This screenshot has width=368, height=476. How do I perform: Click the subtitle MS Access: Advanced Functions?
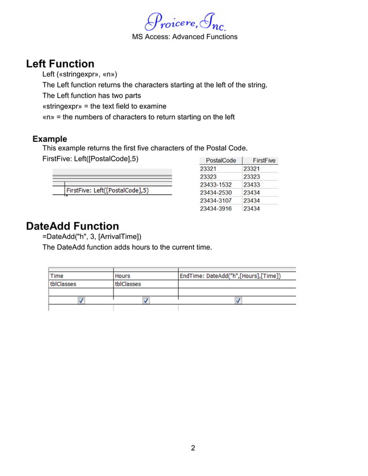click(185, 36)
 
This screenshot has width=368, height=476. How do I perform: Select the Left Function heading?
click(60, 63)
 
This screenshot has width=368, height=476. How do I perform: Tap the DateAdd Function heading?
click(73, 226)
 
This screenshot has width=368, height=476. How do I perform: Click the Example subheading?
click(50, 139)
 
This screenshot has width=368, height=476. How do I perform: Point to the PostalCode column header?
click(221, 160)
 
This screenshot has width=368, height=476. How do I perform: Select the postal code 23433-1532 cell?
click(216, 184)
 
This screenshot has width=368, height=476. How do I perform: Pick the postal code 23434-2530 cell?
click(216, 192)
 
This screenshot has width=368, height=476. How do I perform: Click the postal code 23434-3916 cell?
click(216, 209)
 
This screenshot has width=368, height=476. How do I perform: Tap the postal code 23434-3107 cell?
click(216, 201)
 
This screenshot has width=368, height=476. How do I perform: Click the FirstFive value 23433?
click(251, 184)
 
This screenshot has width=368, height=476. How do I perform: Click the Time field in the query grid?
click(57, 276)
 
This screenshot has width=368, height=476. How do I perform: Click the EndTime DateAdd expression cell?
click(230, 276)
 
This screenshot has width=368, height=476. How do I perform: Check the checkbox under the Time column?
click(81, 300)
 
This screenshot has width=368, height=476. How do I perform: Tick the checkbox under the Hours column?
click(146, 300)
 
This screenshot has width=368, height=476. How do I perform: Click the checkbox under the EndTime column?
click(238, 300)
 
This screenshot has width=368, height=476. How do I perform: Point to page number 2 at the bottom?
click(193, 448)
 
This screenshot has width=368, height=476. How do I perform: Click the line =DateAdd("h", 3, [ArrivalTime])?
click(92, 237)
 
